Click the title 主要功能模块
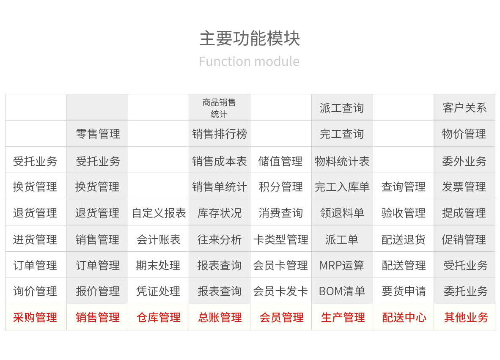(x=250, y=38)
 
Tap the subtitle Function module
(x=249, y=61)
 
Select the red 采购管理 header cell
(x=35, y=317)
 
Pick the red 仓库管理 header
(x=159, y=317)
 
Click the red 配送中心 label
(x=404, y=317)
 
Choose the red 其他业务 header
(x=466, y=317)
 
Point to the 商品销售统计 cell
(x=219, y=108)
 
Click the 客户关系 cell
(x=464, y=108)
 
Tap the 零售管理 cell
(x=98, y=134)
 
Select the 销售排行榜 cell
(x=220, y=134)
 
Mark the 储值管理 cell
(x=280, y=161)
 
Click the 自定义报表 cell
(x=159, y=213)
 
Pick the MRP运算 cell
(x=342, y=265)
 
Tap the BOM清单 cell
(x=342, y=291)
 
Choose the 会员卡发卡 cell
(x=280, y=291)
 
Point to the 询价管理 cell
(x=35, y=291)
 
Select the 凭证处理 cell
(x=158, y=291)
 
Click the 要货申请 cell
(x=404, y=291)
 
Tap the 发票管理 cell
(x=464, y=187)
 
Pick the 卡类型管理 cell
(x=280, y=239)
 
